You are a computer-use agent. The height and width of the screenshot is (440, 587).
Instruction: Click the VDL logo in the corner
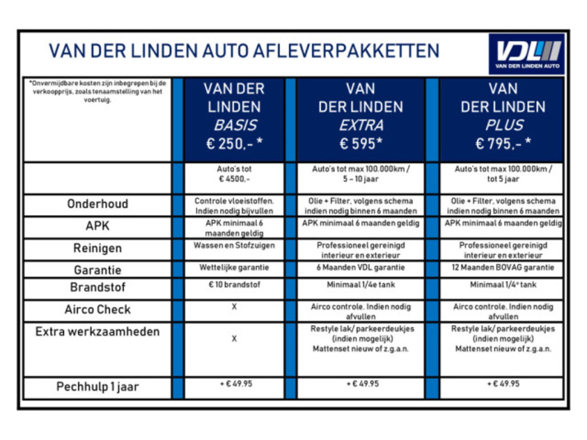point(526,54)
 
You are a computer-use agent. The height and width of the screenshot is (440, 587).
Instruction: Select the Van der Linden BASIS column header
point(234,116)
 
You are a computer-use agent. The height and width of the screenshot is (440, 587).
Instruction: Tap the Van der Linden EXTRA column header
point(360,116)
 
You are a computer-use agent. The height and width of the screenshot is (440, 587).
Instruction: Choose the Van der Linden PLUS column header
point(503,116)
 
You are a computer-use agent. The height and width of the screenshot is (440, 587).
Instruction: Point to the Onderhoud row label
point(98,204)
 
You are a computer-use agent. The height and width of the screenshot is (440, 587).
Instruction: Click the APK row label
point(98,226)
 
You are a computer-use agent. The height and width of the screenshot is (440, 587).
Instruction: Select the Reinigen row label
point(98,248)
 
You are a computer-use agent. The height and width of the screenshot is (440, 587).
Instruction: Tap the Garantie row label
point(98,270)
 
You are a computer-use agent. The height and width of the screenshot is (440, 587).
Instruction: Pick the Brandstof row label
point(98,287)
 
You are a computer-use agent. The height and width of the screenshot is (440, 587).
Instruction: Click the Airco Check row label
point(98,310)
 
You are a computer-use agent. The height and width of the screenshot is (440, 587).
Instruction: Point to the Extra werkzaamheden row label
point(98,332)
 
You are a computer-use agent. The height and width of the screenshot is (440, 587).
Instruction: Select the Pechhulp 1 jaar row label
point(98,387)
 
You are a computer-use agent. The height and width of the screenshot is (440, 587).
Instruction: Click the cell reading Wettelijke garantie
point(234,268)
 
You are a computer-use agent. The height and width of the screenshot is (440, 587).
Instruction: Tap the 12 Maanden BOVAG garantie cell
point(503,268)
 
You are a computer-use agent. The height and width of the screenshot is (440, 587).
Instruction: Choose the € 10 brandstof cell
point(234,285)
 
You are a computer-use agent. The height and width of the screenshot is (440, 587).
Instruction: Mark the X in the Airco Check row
point(234,307)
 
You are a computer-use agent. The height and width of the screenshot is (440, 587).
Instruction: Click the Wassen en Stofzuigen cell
point(234,246)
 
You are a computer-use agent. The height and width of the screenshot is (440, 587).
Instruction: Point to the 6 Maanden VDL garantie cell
point(360,268)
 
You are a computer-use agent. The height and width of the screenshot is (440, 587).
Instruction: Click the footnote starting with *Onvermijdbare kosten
point(98,91)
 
